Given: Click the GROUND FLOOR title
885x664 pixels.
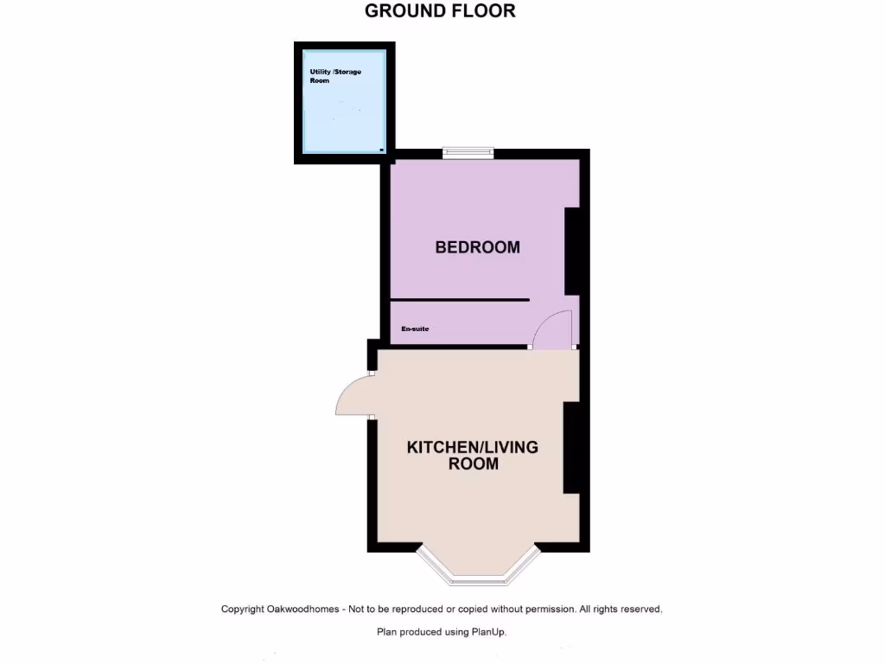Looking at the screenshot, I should (440, 11).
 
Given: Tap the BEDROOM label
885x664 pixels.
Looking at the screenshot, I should (477, 247).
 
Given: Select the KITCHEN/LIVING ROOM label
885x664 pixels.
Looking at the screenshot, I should (473, 455).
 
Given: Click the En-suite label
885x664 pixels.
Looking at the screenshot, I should (415, 329).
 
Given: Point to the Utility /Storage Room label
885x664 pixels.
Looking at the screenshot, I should (335, 75).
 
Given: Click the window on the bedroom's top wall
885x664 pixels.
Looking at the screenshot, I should (468, 154).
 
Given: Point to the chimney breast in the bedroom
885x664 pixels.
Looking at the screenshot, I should (571, 252).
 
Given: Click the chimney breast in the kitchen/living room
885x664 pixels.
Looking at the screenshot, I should (571, 448).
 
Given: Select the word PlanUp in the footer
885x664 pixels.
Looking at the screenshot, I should (487, 632).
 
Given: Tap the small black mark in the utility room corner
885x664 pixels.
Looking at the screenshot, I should (381, 150).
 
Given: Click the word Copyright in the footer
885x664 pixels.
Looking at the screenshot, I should (243, 610).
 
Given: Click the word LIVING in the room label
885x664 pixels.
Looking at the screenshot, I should (511, 447).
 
